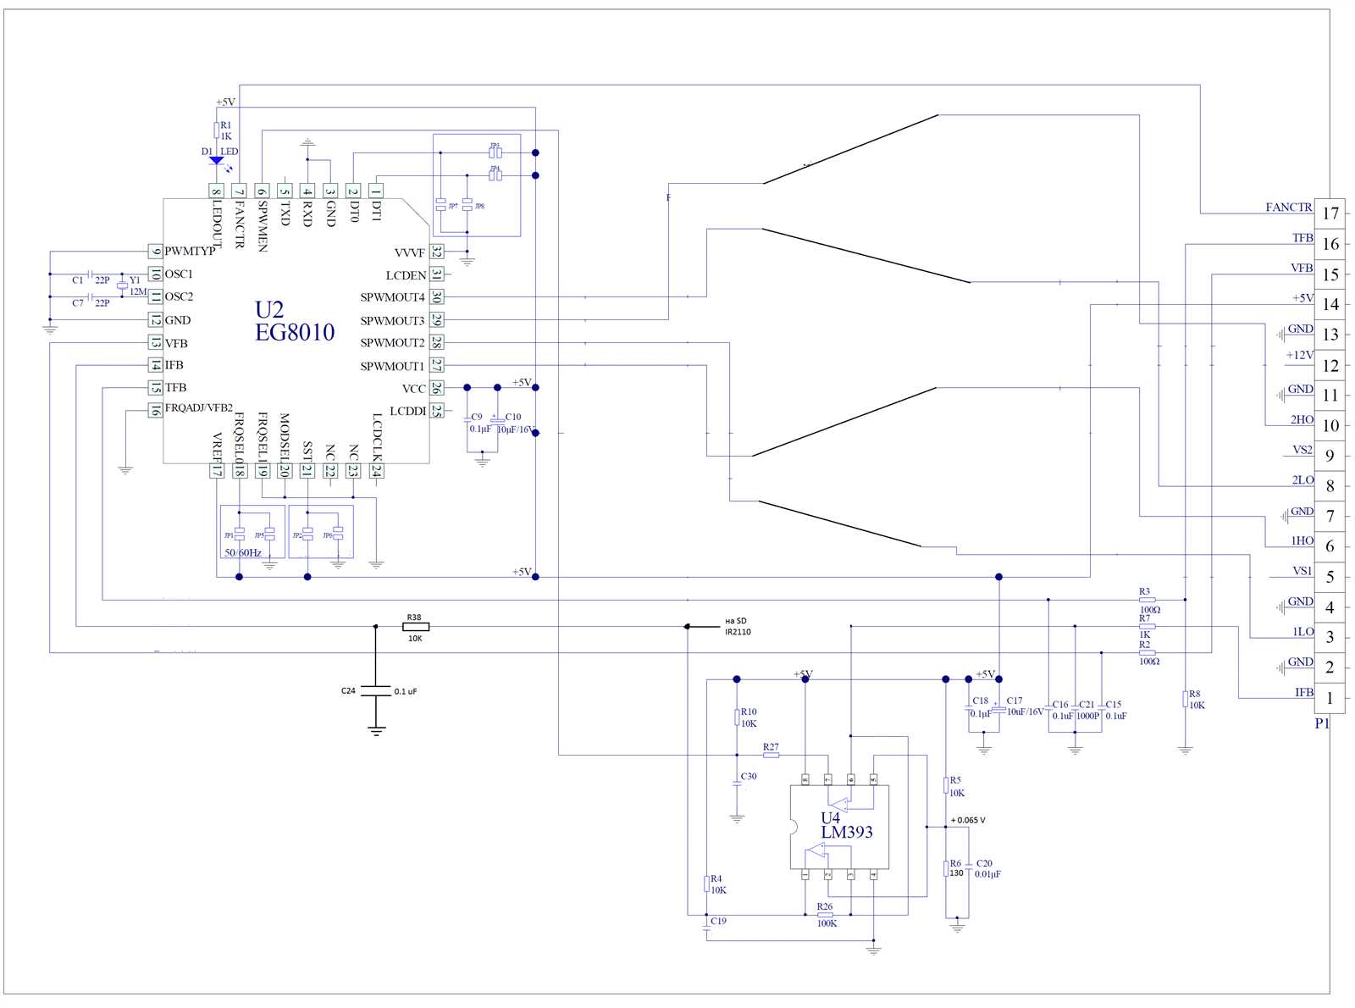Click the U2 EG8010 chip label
coord(294,322)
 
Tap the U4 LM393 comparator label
coord(846,825)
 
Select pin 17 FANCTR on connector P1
coord(1330,213)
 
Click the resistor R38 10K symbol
coord(415,627)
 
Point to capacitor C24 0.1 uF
coord(376,691)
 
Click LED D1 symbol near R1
coord(216,159)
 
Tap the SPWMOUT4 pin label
coord(392,297)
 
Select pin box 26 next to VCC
coord(436,388)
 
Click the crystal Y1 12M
coord(122,285)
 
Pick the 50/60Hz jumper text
coord(243,552)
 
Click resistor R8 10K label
coord(1196,700)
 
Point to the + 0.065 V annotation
coord(967,820)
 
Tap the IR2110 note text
coord(738,632)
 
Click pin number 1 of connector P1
coord(1330,698)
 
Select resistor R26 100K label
coord(826,915)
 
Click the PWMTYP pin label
coord(190,251)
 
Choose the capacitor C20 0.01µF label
coord(987,869)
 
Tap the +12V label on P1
coord(1299,355)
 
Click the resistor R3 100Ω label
coord(1148,601)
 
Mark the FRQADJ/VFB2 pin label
coord(198,408)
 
